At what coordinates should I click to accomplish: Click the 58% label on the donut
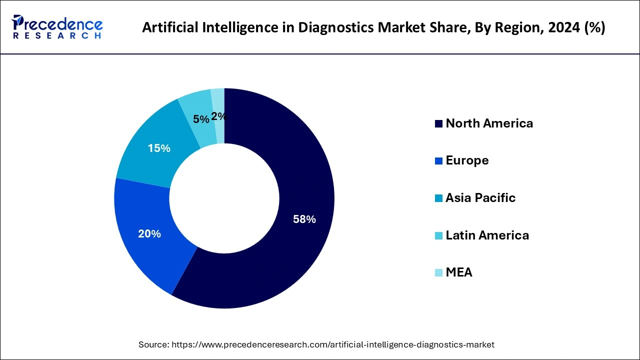[x=304, y=219]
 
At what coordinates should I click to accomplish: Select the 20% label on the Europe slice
[x=149, y=233]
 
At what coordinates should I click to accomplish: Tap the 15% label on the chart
[x=159, y=148]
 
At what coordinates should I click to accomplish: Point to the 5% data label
[x=201, y=119]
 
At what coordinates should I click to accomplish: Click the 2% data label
[x=218, y=116]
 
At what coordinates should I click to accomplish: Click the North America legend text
[x=489, y=123]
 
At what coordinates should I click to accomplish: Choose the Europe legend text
[x=467, y=160]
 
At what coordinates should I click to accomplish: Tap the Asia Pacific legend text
[x=480, y=198]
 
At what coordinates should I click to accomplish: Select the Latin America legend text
[x=487, y=235]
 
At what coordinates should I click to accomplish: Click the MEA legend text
[x=458, y=272]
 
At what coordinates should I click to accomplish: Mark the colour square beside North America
[x=439, y=124]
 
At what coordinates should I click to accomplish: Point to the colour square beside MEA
[x=439, y=273]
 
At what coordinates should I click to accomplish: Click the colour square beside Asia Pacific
[x=439, y=198]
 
